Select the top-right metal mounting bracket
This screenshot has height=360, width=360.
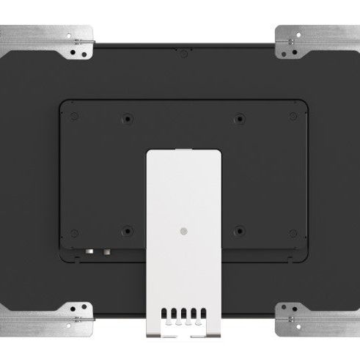click(316, 42)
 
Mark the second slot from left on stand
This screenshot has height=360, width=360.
click(173, 314)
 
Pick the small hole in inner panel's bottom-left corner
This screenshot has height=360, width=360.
click(74, 234)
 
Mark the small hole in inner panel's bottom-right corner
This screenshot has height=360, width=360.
click(293, 234)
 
